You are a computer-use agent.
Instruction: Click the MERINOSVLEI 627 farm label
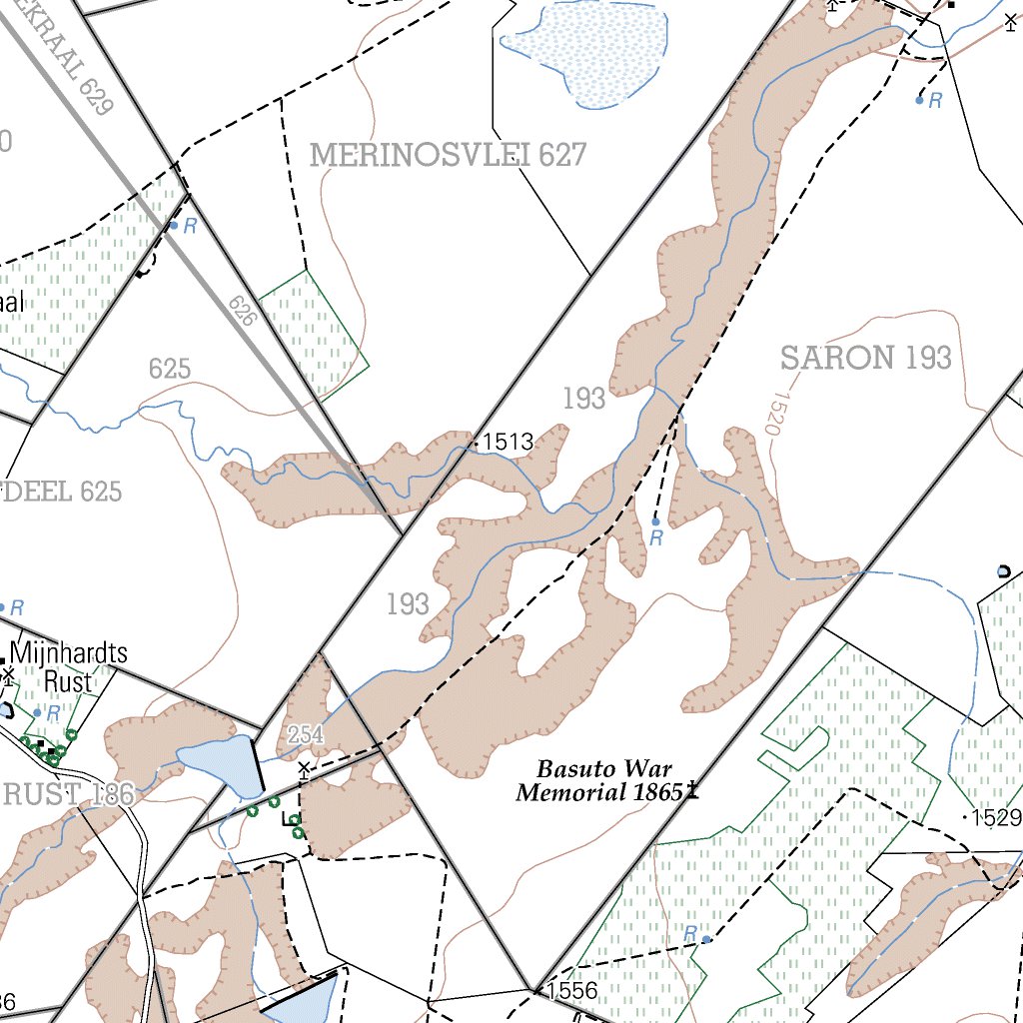[x=447, y=155]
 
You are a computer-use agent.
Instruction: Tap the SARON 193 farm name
[x=865, y=358]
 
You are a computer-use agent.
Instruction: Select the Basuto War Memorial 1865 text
[x=599, y=781]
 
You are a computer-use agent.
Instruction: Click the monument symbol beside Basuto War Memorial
[x=692, y=791]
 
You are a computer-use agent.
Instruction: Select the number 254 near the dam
[x=306, y=735]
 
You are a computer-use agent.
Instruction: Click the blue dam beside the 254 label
[x=218, y=765]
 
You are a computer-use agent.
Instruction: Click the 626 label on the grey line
[x=241, y=312]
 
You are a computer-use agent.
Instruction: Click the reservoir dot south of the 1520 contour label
[x=655, y=521]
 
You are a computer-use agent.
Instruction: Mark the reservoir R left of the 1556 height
[x=706, y=939]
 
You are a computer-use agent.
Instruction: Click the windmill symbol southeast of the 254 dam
[x=304, y=768]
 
